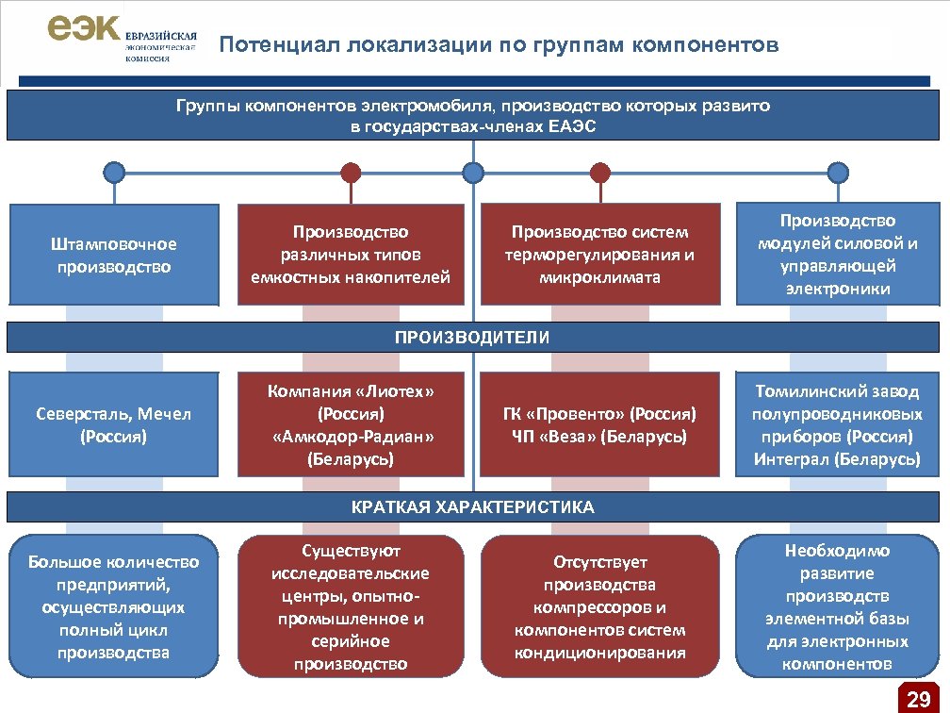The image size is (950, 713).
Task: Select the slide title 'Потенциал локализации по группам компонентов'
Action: point(499,45)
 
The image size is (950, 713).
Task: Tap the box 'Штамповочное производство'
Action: point(114,255)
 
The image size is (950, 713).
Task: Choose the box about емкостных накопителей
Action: point(351,255)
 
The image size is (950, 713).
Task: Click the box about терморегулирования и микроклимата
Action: point(599,255)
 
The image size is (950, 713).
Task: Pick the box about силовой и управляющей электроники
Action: point(837,255)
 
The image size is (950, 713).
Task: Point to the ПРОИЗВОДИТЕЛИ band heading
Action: point(473,337)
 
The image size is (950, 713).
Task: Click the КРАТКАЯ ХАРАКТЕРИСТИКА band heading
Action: point(473,507)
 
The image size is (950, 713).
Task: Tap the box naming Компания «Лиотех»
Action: point(351,425)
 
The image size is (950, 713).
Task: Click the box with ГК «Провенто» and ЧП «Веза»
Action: point(599,425)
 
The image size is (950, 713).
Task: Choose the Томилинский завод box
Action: point(837,425)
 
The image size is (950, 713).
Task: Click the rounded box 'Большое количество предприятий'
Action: point(114,607)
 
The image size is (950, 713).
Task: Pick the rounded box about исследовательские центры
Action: point(351,607)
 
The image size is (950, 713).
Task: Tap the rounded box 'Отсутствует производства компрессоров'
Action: point(599,607)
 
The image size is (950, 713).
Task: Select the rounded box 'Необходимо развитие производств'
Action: point(837,607)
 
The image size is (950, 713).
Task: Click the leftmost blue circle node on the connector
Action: point(114,173)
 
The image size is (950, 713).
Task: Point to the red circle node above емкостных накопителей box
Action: point(351,173)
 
